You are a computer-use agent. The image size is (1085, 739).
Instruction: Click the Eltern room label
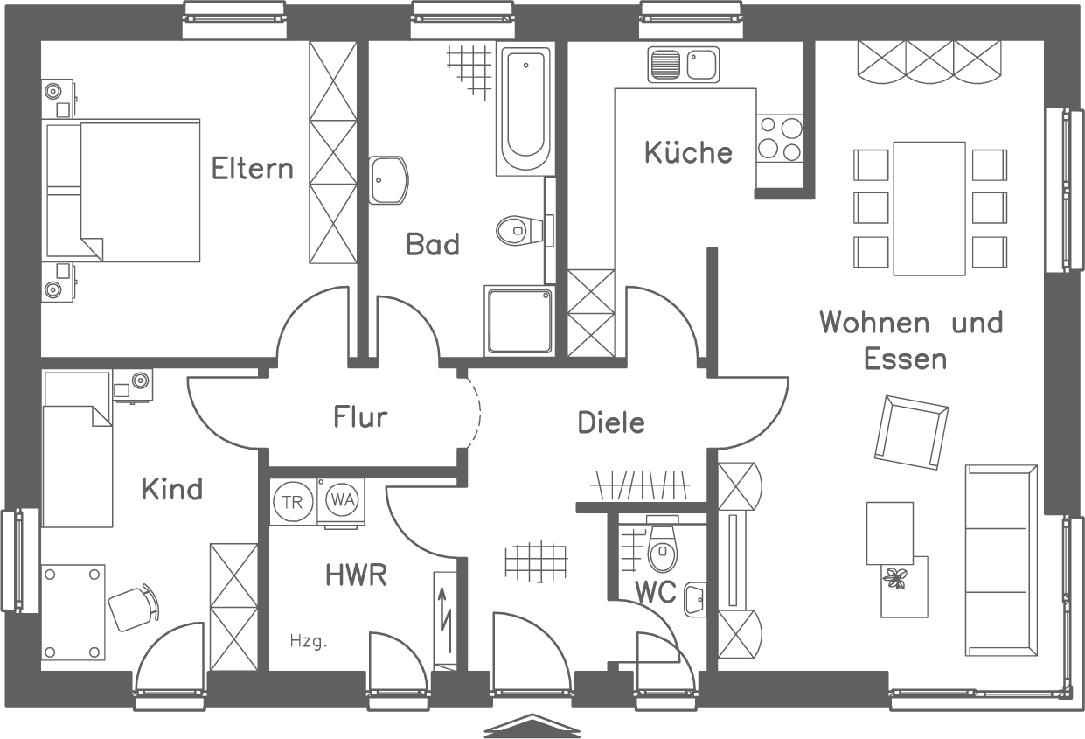[x=253, y=168]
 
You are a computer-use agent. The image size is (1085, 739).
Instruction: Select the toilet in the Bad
[x=513, y=232]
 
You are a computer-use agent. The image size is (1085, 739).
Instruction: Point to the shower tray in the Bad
[x=518, y=321]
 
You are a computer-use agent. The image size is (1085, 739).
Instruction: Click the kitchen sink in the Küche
[x=683, y=65]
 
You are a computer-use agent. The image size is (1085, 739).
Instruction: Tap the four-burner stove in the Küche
[x=779, y=140]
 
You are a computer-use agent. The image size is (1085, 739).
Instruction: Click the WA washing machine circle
[x=341, y=500]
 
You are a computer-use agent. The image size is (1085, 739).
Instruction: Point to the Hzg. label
[x=309, y=642]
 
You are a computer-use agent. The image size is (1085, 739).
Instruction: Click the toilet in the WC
[x=662, y=550]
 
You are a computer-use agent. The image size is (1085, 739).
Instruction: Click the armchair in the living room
[x=912, y=431]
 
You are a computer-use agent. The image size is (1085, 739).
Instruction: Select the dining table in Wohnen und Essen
[x=929, y=208]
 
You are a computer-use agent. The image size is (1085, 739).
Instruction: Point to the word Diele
[x=611, y=423]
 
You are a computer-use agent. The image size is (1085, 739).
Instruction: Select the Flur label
[x=359, y=417]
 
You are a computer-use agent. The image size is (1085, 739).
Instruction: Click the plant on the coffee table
[x=894, y=577]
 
